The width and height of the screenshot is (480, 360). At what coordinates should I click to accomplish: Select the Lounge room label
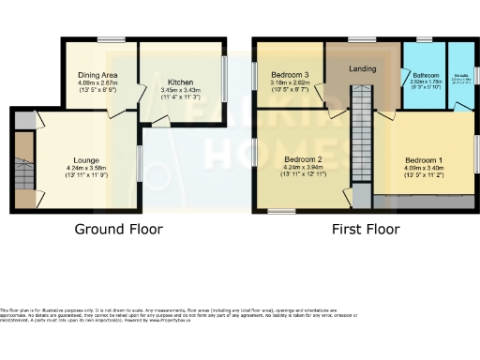87,160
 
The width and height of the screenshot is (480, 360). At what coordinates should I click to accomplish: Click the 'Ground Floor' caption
119,229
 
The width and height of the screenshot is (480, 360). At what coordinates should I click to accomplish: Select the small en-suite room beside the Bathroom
461,76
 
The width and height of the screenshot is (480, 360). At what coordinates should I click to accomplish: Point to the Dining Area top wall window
102,39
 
